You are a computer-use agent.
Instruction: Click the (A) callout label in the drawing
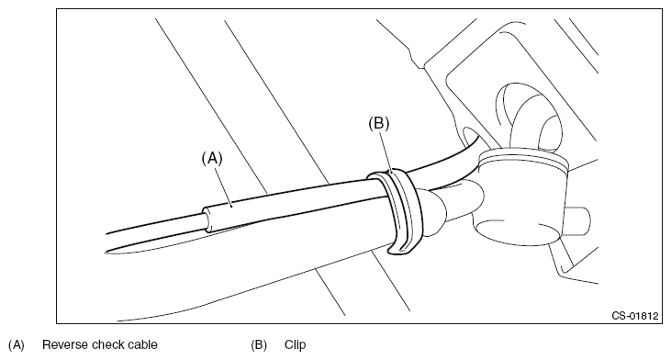pos(212,158)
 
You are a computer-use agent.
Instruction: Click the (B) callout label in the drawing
pos(379,123)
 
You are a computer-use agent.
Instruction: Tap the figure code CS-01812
pos(635,316)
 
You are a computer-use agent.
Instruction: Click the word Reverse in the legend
pos(63,344)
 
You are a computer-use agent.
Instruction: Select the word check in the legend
pos(104,344)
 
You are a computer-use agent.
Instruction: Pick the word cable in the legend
pos(140,344)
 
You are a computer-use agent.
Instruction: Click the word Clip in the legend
pos(296,345)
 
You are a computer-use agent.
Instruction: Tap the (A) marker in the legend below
pos(17,345)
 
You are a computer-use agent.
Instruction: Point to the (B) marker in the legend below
pos(259,345)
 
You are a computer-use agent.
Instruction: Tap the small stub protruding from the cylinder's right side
pos(578,221)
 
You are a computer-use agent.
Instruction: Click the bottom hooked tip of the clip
pos(397,252)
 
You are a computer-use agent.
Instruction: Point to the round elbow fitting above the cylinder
pos(529,116)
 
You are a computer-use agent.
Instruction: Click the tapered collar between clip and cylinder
pos(432,209)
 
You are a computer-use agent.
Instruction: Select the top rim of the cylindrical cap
pos(524,157)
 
